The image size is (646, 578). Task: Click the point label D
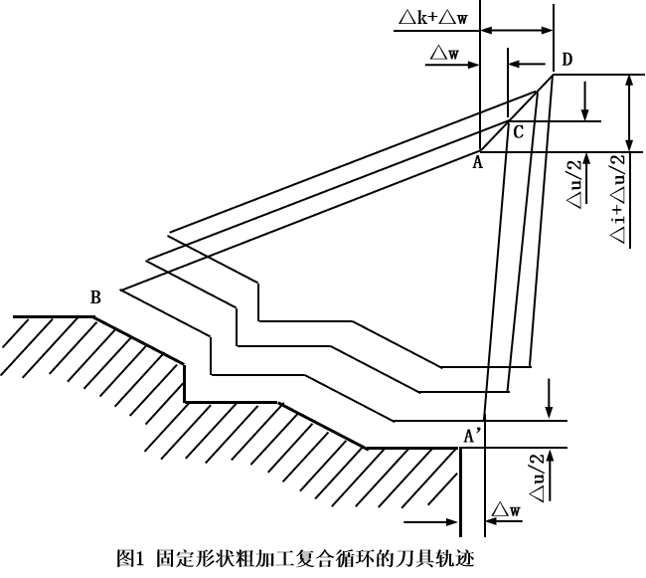click(565, 61)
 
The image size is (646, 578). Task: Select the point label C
click(518, 130)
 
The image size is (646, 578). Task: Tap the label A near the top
click(477, 162)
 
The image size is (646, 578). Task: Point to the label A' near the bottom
click(474, 435)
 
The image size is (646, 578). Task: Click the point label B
click(95, 296)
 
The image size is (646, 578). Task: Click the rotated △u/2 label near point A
click(574, 185)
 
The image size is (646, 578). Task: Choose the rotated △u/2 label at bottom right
click(537, 478)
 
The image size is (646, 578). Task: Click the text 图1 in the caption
click(131, 559)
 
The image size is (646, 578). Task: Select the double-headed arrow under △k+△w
click(516, 32)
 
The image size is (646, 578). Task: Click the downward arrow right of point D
click(585, 98)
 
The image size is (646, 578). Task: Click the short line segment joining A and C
click(494, 138)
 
